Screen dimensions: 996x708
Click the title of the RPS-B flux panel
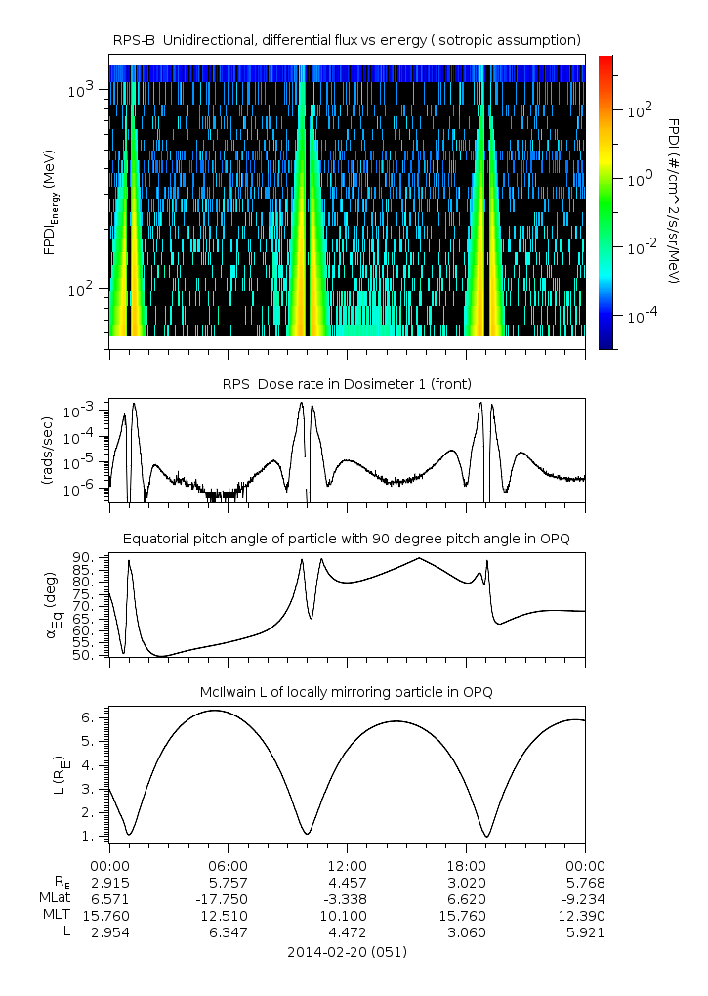348,39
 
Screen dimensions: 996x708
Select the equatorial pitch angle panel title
348,539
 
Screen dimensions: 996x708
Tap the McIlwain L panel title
348,692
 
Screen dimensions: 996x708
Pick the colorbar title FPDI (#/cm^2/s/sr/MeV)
675,201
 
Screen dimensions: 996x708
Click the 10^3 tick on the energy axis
79,90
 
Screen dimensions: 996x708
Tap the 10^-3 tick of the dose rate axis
79,411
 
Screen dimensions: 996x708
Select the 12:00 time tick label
347,865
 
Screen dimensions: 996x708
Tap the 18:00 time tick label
466,865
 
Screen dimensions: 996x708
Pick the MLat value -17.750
228,898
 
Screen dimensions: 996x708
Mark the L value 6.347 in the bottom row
228,932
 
